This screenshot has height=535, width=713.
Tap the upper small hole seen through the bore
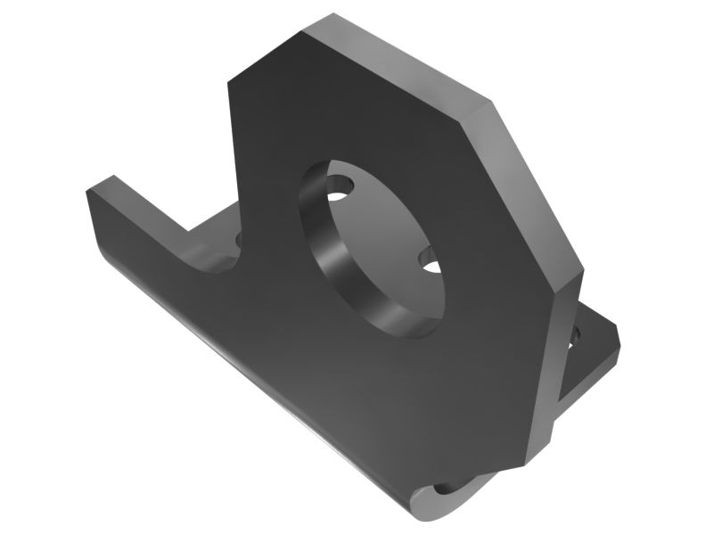click(339, 190)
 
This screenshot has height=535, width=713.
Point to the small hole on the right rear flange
click(575, 336)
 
